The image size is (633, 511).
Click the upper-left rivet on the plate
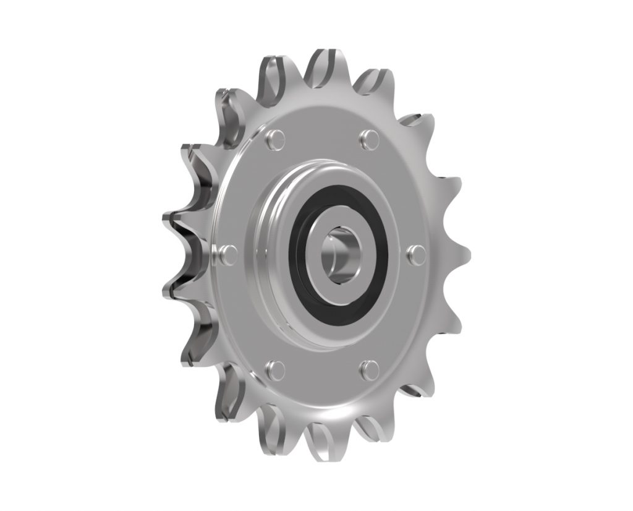click(276, 139)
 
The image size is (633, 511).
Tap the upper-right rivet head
click(370, 139)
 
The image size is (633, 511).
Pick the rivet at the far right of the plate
click(417, 254)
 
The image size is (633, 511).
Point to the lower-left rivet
click(274, 370)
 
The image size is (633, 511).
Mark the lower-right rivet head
click(369, 369)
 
